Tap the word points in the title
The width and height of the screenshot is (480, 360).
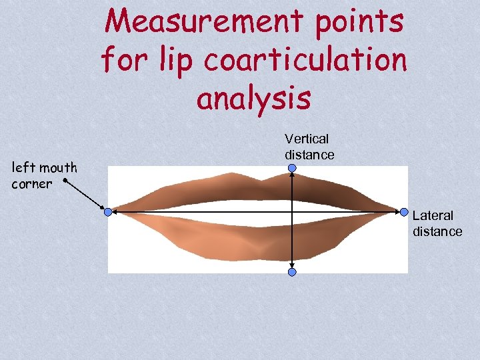[363, 22]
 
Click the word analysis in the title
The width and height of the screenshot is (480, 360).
[253, 98]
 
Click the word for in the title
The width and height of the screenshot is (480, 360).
[123, 60]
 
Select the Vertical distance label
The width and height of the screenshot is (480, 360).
[309, 147]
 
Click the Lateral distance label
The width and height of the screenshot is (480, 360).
[437, 223]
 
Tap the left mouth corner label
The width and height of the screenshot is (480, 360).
[44, 175]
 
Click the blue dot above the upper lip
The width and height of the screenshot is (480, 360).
[292, 169]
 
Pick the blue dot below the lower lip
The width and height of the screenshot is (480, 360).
[292, 272]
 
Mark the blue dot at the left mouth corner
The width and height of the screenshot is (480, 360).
[108, 212]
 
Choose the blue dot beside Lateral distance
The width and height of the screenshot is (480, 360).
[404, 212]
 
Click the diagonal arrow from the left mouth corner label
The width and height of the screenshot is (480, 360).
[85, 195]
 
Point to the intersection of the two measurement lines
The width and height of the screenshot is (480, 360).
[292, 212]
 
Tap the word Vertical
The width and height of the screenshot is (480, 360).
[307, 139]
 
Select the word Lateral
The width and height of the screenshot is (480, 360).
[433, 215]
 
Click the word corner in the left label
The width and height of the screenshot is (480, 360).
[31, 183]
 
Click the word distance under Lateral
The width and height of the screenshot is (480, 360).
[437, 231]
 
